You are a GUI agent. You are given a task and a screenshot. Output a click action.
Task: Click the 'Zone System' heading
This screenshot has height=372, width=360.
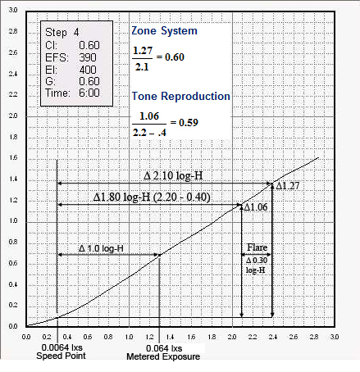pyautogui.click(x=164, y=30)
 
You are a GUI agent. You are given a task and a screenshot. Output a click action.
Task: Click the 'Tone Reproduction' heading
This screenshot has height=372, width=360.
pyautogui.click(x=181, y=96)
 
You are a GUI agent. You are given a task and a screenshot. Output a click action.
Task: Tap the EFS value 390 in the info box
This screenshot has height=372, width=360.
pyautogui.click(x=88, y=57)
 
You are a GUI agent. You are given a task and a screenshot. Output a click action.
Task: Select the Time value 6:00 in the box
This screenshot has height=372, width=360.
pyautogui.click(x=89, y=93)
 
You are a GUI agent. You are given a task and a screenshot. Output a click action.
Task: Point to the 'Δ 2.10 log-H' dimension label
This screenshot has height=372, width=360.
pyautogui.click(x=173, y=175)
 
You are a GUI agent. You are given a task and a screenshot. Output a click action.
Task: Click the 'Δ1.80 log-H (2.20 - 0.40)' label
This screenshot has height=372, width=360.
pyautogui.click(x=152, y=197)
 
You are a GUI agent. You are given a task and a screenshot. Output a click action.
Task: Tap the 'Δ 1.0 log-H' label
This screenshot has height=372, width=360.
pyautogui.click(x=101, y=248)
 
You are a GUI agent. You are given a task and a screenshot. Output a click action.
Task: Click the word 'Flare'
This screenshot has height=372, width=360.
pyautogui.click(x=257, y=247)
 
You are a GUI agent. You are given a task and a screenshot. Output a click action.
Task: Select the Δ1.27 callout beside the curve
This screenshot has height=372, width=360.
pyautogui.click(x=287, y=186)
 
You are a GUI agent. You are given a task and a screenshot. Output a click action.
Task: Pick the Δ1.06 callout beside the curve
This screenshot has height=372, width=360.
pyautogui.click(x=256, y=207)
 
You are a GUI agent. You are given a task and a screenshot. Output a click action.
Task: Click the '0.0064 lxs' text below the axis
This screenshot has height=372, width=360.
pyautogui.click(x=62, y=347)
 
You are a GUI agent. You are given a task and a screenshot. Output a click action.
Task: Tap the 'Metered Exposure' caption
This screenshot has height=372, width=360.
pyautogui.click(x=163, y=356)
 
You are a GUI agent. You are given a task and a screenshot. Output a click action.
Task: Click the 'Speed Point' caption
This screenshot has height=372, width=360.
pyautogui.click(x=61, y=356)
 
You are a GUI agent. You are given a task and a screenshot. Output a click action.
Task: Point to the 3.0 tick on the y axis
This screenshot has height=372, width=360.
pyautogui.click(x=13, y=10)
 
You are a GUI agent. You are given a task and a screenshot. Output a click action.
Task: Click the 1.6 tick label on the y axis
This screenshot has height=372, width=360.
pyautogui.click(x=13, y=157)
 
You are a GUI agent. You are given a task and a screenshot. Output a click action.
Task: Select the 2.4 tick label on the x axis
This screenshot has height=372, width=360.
pyautogui.click(x=273, y=337)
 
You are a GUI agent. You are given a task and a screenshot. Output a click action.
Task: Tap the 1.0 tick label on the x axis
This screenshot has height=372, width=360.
pyautogui.click(x=129, y=337)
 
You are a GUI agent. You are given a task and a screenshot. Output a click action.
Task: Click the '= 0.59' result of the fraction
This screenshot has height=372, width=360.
pyautogui.click(x=185, y=123)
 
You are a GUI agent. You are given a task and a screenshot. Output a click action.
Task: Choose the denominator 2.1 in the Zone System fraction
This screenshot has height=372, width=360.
pyautogui.click(x=142, y=67)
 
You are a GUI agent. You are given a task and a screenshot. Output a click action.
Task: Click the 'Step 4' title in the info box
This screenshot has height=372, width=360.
pyautogui.click(x=62, y=32)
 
